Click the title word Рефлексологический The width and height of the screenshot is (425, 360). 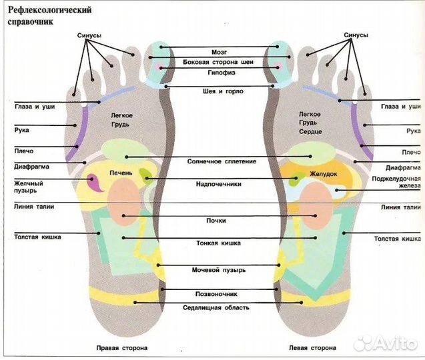pos(47,11)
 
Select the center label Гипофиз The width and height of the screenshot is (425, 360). pos(219,74)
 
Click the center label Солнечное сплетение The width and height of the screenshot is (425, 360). pos(219,161)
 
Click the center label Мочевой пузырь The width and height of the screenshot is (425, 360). pos(220,270)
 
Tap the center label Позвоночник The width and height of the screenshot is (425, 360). pos(219,293)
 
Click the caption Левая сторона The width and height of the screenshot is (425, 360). pos(313,348)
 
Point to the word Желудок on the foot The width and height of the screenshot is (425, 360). pos(323,174)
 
